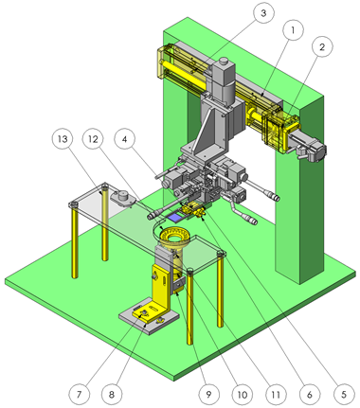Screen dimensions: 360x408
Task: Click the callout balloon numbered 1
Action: point(293,30)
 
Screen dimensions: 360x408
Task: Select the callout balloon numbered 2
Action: point(322,47)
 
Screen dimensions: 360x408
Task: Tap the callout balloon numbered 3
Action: point(263,13)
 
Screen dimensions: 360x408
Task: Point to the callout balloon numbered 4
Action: point(125,139)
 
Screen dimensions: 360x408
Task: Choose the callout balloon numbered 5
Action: point(344,394)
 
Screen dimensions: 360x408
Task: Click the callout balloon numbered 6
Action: point(310,394)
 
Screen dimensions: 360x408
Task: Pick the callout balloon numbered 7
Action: point(79,394)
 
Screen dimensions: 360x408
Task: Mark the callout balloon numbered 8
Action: point(112,394)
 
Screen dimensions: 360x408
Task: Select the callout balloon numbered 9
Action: point(208,394)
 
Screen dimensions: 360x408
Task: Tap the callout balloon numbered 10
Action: point(242,394)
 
